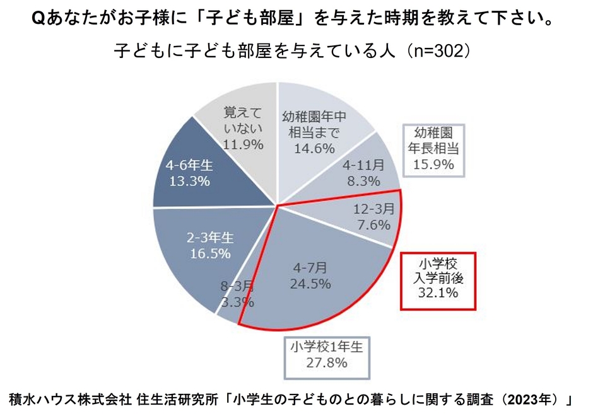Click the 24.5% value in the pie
(310, 284)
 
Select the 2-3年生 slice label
(209, 239)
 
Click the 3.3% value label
(237, 302)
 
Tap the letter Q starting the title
(37, 19)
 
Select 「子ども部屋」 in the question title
(253, 19)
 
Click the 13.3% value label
(189, 182)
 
